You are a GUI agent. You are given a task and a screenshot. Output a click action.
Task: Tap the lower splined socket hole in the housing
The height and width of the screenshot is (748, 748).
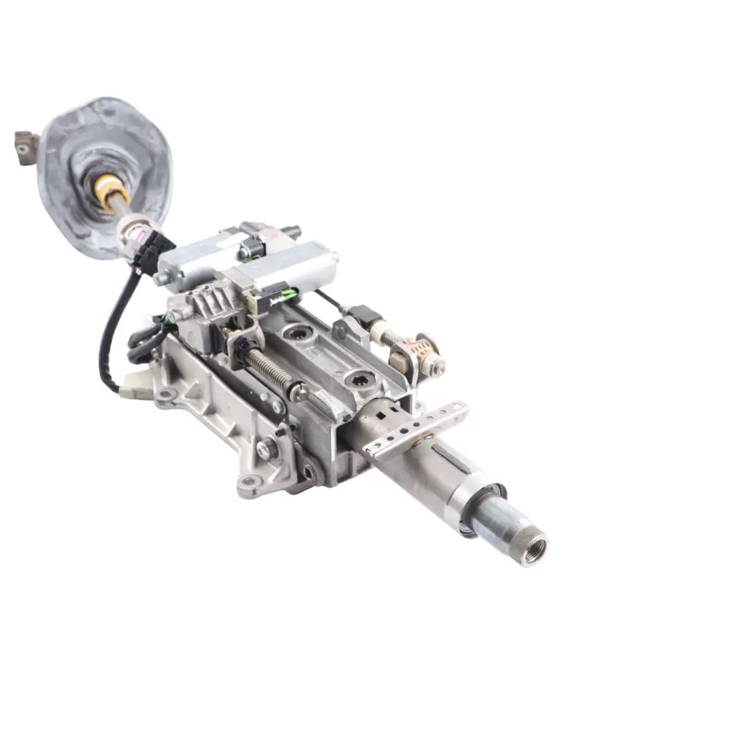coord(361,379)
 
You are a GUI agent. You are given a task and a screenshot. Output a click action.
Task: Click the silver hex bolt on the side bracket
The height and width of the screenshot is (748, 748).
coord(264,449)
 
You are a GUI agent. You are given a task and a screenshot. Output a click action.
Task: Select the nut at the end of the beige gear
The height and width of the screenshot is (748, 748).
coord(437,368)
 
